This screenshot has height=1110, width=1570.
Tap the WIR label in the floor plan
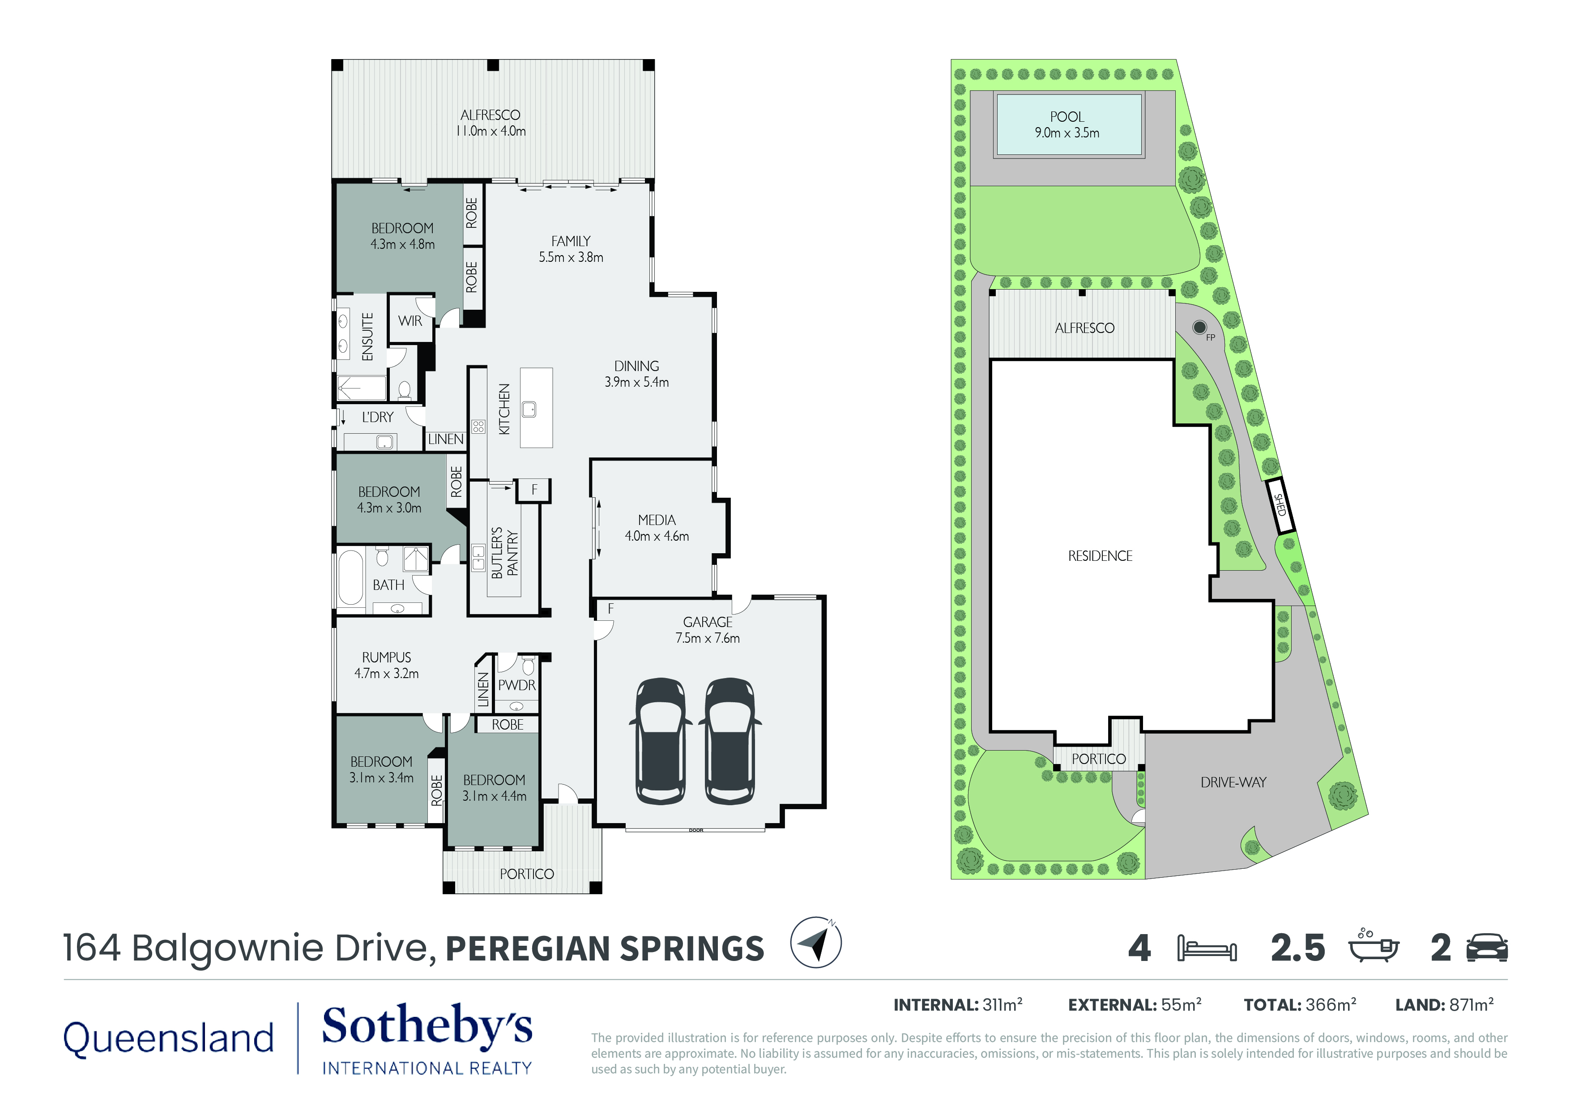(x=410, y=321)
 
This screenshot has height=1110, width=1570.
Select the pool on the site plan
(x=1069, y=125)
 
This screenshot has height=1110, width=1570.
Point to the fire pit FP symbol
(x=1199, y=328)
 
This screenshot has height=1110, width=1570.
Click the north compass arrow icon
(x=816, y=943)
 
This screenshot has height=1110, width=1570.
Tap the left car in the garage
(x=661, y=741)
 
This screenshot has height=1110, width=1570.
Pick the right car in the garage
(x=730, y=741)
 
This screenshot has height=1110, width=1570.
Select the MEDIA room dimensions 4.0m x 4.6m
(x=657, y=536)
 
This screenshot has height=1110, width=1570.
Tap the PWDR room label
(x=517, y=685)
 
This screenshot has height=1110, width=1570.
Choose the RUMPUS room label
(x=386, y=657)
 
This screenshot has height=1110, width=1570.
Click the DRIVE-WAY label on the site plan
(x=1233, y=782)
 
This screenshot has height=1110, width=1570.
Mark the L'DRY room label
(x=377, y=417)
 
